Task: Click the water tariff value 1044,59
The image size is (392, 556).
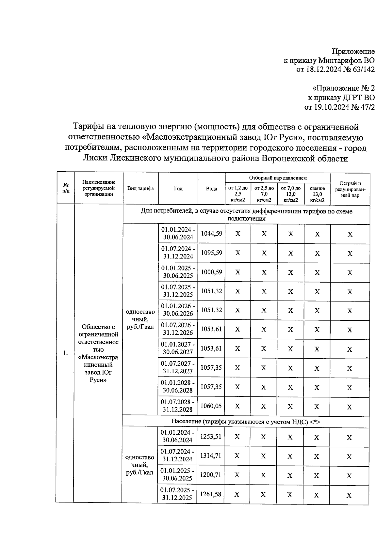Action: coord(211,234)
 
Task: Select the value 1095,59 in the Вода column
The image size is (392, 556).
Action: coord(211,253)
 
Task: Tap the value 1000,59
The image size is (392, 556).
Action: coord(211,272)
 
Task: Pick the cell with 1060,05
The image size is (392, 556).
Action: coord(211,406)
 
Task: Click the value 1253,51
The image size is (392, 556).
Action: coord(211,437)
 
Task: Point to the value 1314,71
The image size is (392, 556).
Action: coord(211,456)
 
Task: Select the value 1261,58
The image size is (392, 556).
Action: coord(211,494)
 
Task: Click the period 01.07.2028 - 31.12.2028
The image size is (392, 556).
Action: coord(178,406)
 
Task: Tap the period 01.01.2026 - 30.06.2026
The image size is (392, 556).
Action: coord(178,310)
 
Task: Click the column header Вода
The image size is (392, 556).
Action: coord(211,189)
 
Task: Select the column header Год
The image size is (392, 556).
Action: coord(178,189)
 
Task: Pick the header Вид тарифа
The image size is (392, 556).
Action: coord(140,189)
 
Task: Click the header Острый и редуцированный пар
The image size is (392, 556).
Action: coord(350,189)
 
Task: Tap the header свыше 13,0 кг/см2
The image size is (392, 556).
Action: coord(317,194)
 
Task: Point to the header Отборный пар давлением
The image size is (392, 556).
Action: coord(278,178)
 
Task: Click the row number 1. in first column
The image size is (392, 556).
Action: coord(66,353)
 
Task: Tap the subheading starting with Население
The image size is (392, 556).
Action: coord(246,422)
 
